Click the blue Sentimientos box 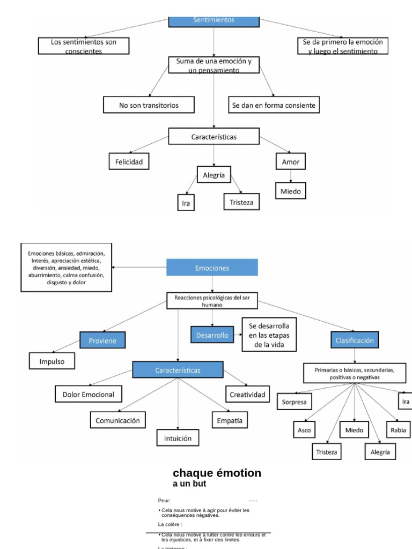(214, 20)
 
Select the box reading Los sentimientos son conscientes (84, 46)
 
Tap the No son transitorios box (149, 105)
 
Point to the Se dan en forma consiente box (274, 105)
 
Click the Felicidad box (129, 161)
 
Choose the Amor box (291, 161)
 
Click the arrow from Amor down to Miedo (291, 176)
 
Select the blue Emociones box (212, 268)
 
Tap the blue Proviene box (102, 340)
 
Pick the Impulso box (52, 361)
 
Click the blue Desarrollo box (212, 335)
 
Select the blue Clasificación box (355, 340)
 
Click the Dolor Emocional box (89, 395)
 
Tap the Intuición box (178, 437)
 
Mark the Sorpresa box (295, 402)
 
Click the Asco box (304, 430)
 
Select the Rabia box (399, 430)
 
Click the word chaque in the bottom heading (195, 473)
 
